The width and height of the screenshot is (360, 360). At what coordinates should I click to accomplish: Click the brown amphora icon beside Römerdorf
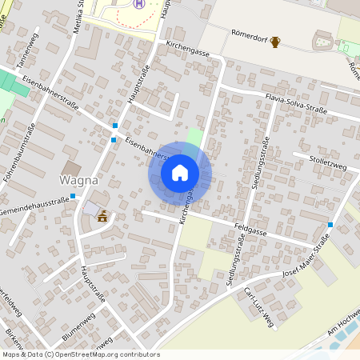[276, 42]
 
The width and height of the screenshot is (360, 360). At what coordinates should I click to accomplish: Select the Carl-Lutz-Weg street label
[259, 307]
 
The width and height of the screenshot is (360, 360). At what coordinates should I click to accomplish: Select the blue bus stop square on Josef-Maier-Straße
[330, 226]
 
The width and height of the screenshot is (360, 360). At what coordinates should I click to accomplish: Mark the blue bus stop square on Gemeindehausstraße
[73, 196]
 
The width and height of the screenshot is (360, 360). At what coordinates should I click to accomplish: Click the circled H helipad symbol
[140, 4]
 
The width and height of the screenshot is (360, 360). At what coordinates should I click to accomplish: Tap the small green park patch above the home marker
[195, 135]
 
